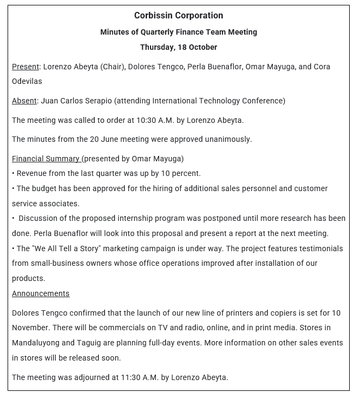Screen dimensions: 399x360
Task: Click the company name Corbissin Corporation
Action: click(179, 16)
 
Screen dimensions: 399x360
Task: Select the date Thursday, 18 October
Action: click(179, 47)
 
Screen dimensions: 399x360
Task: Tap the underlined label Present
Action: click(25, 67)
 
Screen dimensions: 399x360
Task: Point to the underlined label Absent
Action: click(24, 101)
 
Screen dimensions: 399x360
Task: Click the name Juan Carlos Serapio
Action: click(73, 101)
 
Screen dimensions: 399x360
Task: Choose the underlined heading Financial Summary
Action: click(46, 159)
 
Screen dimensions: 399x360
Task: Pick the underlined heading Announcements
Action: click(41, 293)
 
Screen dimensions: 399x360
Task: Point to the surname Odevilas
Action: click(27, 81)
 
